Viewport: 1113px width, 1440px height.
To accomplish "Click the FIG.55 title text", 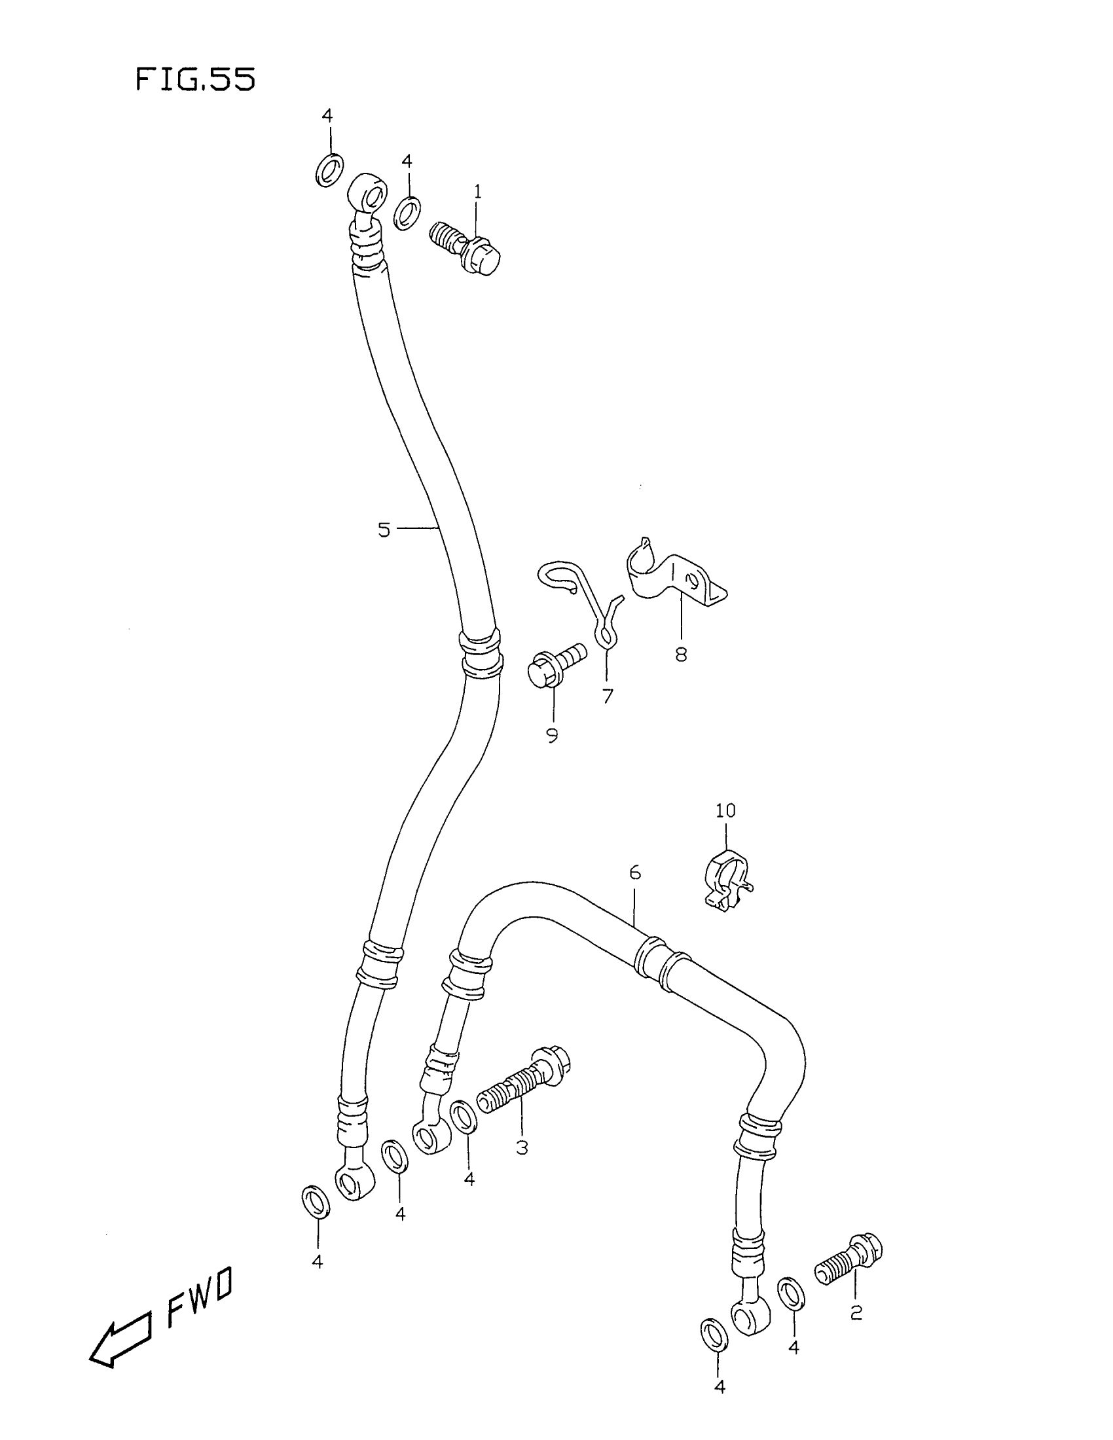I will (x=195, y=80).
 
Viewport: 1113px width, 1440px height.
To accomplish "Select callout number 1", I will (x=477, y=192).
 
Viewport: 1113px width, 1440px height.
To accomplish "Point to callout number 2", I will (x=856, y=1313).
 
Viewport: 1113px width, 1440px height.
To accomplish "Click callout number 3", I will (x=522, y=1147).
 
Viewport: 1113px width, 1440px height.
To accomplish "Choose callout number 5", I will (x=384, y=530).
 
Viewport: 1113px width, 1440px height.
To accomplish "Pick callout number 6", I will (x=634, y=873).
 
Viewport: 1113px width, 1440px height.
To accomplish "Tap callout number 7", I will (x=608, y=696).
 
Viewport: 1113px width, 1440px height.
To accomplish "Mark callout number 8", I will (x=680, y=655).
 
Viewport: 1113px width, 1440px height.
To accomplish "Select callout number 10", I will (x=725, y=810).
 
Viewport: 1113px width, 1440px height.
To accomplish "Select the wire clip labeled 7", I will (x=583, y=597).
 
